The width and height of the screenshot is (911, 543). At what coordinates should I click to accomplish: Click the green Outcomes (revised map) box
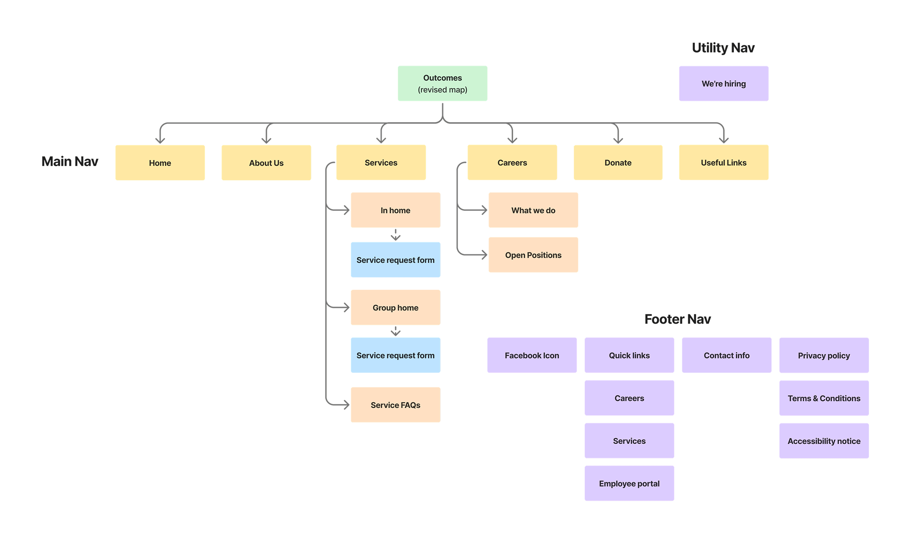442,83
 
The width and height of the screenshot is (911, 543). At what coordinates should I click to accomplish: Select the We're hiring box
723,83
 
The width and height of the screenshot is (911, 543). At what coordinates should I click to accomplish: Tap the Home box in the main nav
160,163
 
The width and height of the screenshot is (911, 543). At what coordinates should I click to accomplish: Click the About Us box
266,163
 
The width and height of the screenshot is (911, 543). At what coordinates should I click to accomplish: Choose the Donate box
618,163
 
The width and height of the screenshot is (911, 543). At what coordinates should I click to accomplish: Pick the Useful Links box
723,163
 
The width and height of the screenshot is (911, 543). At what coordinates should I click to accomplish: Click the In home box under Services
395,210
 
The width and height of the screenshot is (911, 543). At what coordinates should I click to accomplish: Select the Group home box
395,307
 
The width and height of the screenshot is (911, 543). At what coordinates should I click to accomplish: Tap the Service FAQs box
395,405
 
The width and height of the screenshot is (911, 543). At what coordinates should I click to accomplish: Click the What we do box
533,210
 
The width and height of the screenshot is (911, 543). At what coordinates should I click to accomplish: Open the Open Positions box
533,255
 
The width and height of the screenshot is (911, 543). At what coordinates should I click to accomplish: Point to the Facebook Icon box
531,355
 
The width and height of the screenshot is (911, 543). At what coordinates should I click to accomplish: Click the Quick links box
629,355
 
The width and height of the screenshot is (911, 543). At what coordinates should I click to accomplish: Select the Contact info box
726,355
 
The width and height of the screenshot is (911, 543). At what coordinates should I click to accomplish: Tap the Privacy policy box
823,355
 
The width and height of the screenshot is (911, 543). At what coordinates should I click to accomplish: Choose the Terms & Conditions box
823,398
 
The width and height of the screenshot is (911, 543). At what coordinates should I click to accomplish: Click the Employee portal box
629,483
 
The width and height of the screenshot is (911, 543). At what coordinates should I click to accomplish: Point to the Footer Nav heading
677,319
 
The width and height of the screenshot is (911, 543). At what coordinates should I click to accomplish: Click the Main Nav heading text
70,161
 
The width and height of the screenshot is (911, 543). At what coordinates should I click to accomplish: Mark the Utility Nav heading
723,48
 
